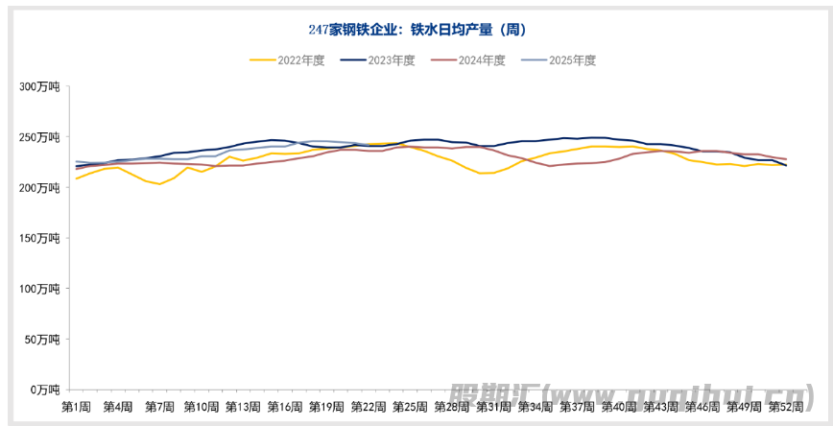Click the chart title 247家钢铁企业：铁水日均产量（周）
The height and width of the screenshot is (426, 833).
[x=417, y=30]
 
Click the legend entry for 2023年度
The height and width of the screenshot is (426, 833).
[x=378, y=59]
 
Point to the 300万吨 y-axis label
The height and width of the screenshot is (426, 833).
[x=40, y=86]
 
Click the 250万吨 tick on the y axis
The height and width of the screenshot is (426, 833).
[x=40, y=137]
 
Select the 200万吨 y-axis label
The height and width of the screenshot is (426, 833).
[x=40, y=187]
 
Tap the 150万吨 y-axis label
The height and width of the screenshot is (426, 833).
[x=40, y=238]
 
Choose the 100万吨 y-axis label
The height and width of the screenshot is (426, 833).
[x=40, y=288]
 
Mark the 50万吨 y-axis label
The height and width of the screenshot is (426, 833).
[x=43, y=339]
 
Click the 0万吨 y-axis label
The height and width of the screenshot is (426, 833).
[x=46, y=390]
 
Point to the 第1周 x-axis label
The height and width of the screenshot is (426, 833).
[x=76, y=407]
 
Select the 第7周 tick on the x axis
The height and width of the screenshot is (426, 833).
[x=159, y=407]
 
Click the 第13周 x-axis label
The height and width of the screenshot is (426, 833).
[x=243, y=407]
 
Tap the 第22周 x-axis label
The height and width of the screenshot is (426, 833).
[x=369, y=407]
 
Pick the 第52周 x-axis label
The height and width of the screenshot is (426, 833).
[x=787, y=407]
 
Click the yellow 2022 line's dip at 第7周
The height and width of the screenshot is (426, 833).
[x=159, y=184]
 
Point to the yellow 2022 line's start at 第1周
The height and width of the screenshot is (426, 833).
[x=76, y=178]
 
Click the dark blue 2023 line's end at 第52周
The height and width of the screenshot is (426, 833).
[x=787, y=166]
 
